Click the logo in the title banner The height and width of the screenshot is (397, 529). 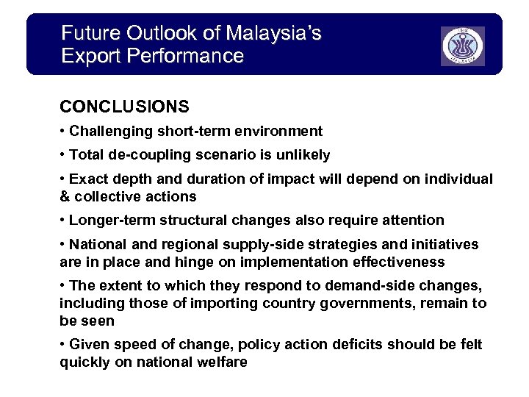[x=462, y=46]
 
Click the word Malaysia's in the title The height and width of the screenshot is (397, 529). [x=274, y=33]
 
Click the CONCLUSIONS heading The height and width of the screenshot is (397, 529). [x=124, y=107]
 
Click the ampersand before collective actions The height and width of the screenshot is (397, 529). [x=64, y=196]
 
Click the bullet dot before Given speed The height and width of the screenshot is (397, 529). [x=62, y=345]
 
